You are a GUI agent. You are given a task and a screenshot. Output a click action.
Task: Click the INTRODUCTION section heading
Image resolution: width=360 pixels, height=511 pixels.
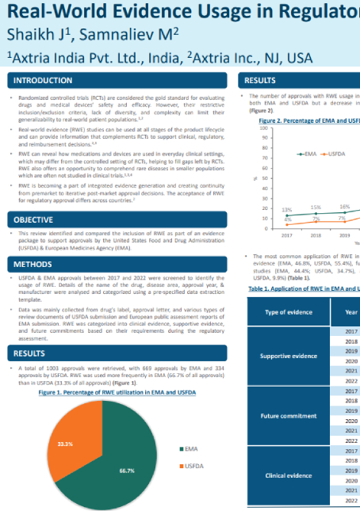[x=44, y=81]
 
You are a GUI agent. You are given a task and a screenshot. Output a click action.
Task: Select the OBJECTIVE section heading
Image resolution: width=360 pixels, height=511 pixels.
[x=35, y=219]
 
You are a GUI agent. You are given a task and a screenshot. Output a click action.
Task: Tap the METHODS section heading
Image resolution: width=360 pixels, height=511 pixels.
[x=33, y=264]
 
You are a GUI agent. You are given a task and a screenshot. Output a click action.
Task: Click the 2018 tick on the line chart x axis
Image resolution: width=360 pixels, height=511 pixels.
[x=316, y=235]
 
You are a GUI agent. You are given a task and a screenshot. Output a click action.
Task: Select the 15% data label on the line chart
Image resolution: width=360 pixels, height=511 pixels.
[x=316, y=207]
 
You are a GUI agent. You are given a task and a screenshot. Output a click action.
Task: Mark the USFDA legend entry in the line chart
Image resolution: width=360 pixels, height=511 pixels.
[x=336, y=153]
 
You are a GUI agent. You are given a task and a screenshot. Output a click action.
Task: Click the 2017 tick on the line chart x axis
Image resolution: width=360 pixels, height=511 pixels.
[x=287, y=235]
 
